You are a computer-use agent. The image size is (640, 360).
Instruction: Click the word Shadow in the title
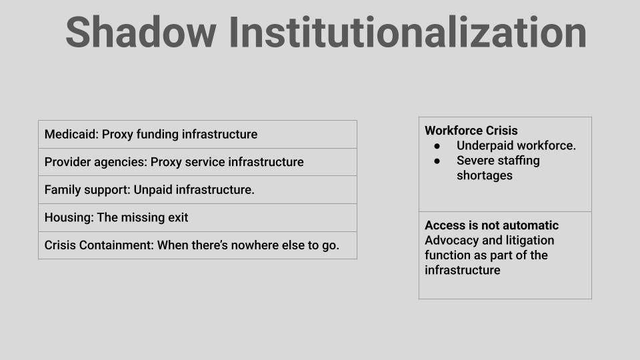(141, 32)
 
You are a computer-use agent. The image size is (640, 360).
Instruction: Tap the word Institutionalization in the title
(408, 32)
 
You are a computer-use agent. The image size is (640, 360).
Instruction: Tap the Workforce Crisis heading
(471, 131)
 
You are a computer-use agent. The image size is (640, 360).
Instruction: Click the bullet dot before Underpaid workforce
(437, 146)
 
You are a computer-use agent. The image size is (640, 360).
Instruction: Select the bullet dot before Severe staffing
(437, 161)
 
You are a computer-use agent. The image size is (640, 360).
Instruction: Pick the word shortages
(485, 175)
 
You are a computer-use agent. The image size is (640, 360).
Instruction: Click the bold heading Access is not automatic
(491, 225)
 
